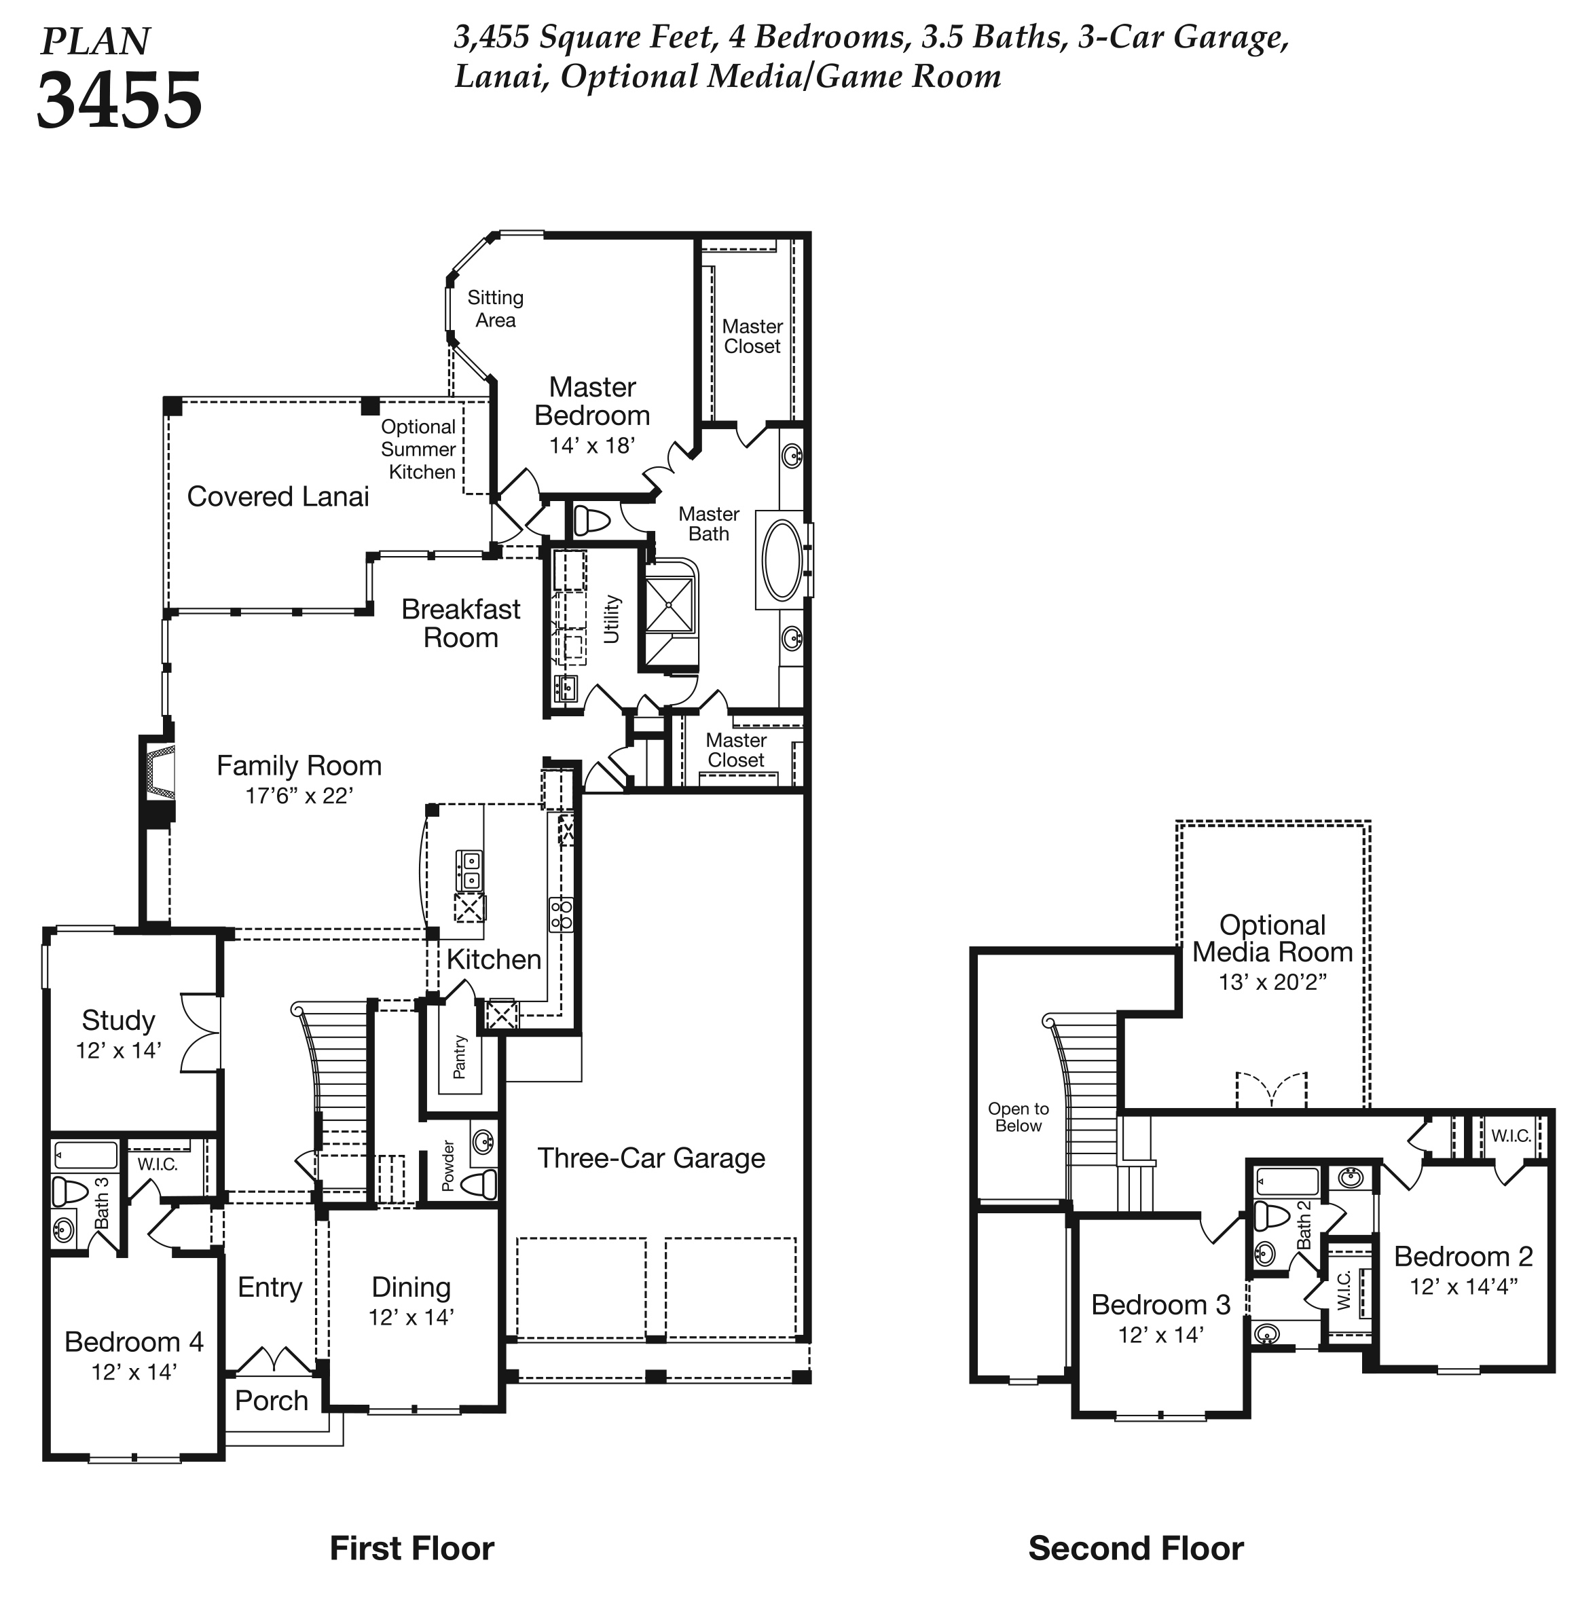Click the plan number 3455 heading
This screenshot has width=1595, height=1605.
click(x=120, y=100)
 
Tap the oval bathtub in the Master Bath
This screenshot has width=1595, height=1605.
click(x=782, y=560)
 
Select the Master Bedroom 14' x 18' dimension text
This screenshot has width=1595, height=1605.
click(x=592, y=445)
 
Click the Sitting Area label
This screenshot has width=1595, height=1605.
click(x=495, y=308)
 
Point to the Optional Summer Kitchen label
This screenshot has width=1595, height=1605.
click(x=419, y=449)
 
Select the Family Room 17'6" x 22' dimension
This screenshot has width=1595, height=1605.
click(x=299, y=795)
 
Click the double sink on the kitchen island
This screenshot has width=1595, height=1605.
click(x=469, y=870)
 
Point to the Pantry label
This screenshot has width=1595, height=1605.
click(x=460, y=1056)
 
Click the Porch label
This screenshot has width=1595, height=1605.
click(x=272, y=1400)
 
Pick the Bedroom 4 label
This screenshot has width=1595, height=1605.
click(x=134, y=1341)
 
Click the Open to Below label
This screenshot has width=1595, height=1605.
click(x=1019, y=1117)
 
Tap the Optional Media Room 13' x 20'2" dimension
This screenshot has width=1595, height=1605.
click(x=1272, y=982)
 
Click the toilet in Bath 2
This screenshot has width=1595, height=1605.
click(x=1269, y=1215)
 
